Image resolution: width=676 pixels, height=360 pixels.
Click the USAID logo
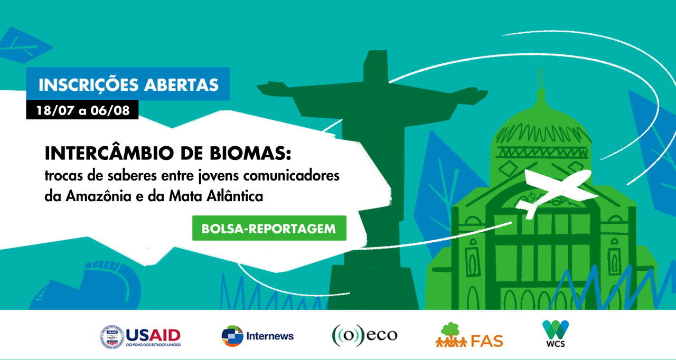[140, 337]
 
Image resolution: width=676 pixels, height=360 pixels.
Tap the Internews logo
[257, 336]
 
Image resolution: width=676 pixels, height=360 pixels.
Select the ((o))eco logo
[364, 335]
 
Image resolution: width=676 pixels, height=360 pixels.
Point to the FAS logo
[470, 335]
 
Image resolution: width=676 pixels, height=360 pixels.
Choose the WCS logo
[556, 334]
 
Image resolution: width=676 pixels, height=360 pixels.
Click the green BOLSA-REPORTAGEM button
[269, 228]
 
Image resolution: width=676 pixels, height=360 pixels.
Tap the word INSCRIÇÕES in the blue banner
[88, 85]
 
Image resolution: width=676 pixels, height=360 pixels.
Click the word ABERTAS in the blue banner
[181, 85]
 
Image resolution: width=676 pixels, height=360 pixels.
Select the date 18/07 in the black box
[55, 110]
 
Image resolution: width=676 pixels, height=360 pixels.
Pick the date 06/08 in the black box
[110, 110]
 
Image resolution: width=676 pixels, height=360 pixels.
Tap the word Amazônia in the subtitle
[99, 196]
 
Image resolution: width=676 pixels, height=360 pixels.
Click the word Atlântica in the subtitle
[235, 196]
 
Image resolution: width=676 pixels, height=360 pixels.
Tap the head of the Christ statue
[375, 65]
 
